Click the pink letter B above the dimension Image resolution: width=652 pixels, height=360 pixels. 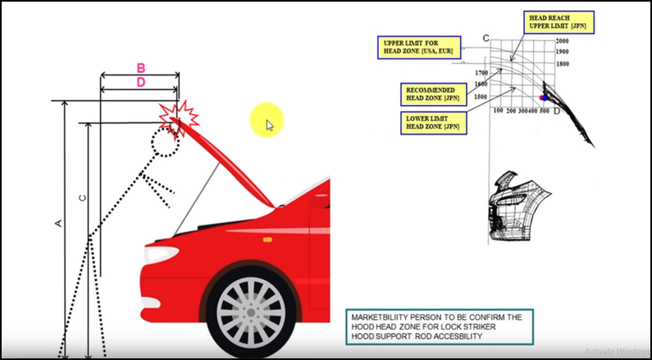point(140,67)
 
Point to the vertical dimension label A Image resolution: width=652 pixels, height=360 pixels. point(57,222)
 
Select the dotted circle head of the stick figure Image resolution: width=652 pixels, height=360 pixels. point(164,142)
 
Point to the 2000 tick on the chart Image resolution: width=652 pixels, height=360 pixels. point(562,40)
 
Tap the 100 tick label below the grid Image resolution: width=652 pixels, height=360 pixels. point(498,111)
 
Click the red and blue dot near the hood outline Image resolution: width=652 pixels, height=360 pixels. point(544,98)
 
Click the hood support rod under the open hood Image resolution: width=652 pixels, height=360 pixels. point(198,193)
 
